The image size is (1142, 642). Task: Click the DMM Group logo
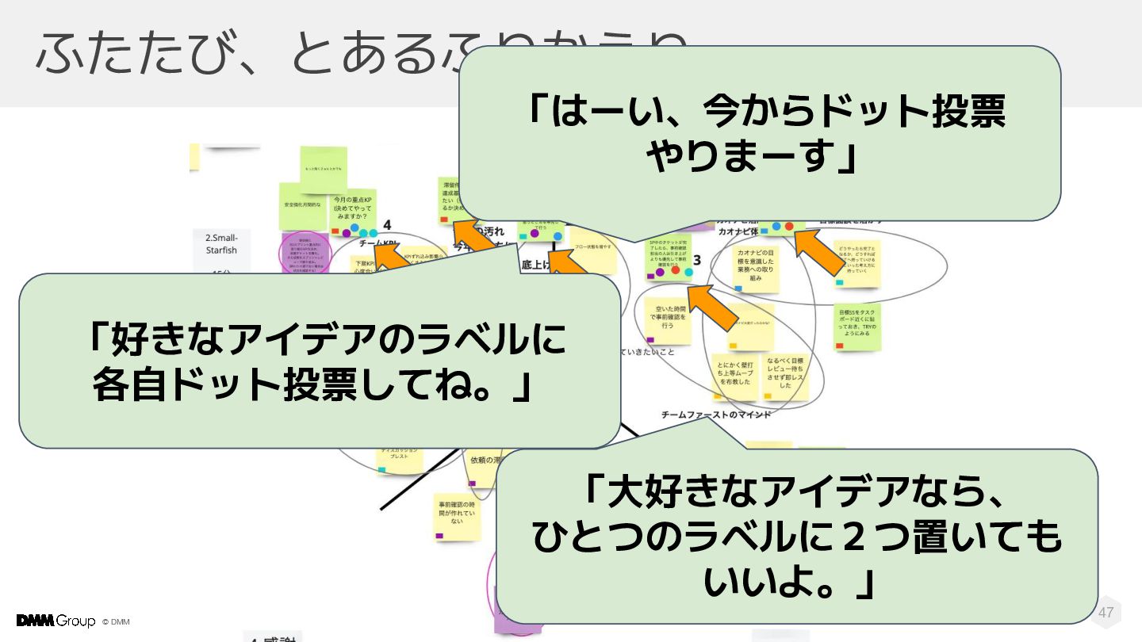(x=56, y=621)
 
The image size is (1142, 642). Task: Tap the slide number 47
(x=1106, y=613)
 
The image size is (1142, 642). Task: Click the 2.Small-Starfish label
(x=221, y=244)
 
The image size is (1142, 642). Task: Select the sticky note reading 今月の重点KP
(x=354, y=208)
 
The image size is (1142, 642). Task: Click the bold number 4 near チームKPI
(x=387, y=226)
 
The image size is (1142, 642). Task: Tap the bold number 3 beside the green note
(x=697, y=260)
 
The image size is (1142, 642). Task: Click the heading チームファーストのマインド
(x=716, y=415)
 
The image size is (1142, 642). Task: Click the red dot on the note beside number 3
(x=676, y=271)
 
